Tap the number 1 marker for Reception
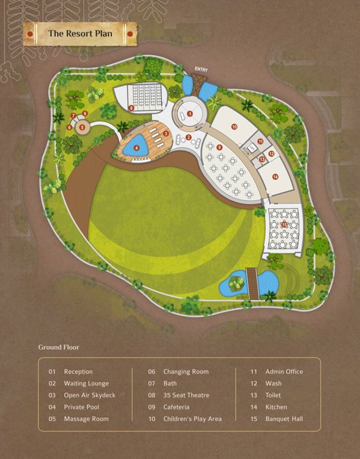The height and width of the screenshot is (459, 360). [190, 113]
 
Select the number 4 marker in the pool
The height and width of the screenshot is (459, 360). [137, 148]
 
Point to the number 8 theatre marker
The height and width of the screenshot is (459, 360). [131, 108]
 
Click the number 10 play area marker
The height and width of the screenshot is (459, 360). [235, 126]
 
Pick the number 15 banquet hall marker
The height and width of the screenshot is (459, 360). [284, 224]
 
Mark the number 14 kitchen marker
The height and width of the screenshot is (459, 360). [275, 176]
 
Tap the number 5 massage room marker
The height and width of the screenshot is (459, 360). [82, 127]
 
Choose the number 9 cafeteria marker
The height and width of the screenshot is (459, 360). [220, 147]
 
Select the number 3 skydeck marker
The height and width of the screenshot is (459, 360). [165, 133]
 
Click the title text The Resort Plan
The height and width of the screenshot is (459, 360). [80, 34]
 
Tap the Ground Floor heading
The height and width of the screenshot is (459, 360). [59, 347]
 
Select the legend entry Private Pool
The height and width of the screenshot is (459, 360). [82, 407]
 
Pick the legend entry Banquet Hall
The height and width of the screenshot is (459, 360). [284, 419]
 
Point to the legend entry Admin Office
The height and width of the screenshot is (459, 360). [284, 372]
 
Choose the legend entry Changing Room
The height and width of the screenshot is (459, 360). [186, 372]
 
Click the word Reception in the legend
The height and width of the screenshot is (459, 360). [78, 372]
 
